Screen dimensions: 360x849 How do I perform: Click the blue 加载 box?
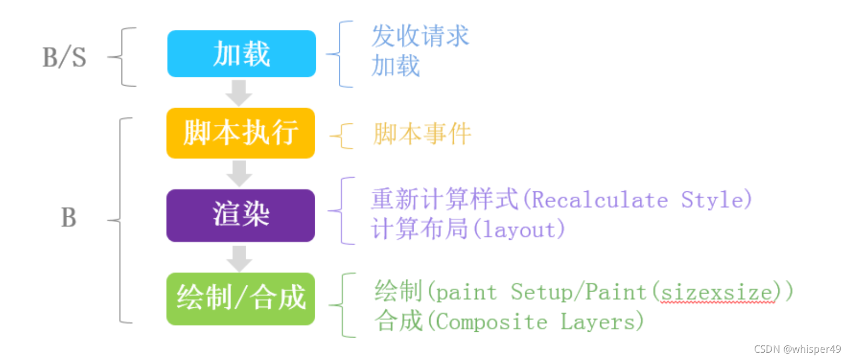[242, 54]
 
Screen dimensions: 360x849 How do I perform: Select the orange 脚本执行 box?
[240, 133]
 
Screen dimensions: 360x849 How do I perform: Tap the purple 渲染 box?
[240, 215]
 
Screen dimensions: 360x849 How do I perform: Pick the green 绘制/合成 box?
[240, 298]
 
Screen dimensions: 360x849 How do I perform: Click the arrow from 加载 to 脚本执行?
[239, 93]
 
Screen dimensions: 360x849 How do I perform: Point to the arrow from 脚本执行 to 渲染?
[239, 173]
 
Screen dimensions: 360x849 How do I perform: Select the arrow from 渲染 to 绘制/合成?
[239, 258]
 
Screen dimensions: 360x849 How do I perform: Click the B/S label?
[64, 57]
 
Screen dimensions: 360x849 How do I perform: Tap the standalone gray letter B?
[68, 217]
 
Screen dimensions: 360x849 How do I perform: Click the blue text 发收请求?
[420, 36]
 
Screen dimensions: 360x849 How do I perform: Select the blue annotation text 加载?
[396, 66]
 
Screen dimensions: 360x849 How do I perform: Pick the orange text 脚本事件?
[422, 134]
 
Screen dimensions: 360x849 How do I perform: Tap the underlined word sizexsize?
[717, 293]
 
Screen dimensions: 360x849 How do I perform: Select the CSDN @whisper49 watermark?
[797, 349]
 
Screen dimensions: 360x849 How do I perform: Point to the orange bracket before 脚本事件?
[343, 136]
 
